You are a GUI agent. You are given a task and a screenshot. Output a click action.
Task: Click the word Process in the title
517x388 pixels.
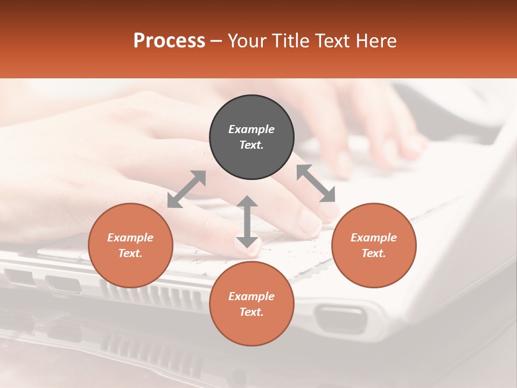click(169, 41)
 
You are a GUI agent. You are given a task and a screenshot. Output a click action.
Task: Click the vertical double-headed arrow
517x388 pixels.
click(247, 221)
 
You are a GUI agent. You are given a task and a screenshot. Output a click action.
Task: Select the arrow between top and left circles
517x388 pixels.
click(186, 189)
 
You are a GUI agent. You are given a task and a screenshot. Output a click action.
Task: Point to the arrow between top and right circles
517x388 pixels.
click(316, 183)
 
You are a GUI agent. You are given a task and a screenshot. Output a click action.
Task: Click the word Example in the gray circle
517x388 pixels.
click(251, 129)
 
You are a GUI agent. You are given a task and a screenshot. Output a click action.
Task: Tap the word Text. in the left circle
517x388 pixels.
click(130, 253)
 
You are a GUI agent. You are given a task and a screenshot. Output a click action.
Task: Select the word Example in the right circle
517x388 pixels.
click(374, 238)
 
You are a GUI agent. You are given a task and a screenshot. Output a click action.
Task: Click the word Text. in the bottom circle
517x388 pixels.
click(251, 312)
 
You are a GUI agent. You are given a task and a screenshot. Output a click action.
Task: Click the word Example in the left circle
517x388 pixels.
click(130, 238)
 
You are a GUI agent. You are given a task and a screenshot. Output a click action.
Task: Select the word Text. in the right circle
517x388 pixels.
click(374, 253)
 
